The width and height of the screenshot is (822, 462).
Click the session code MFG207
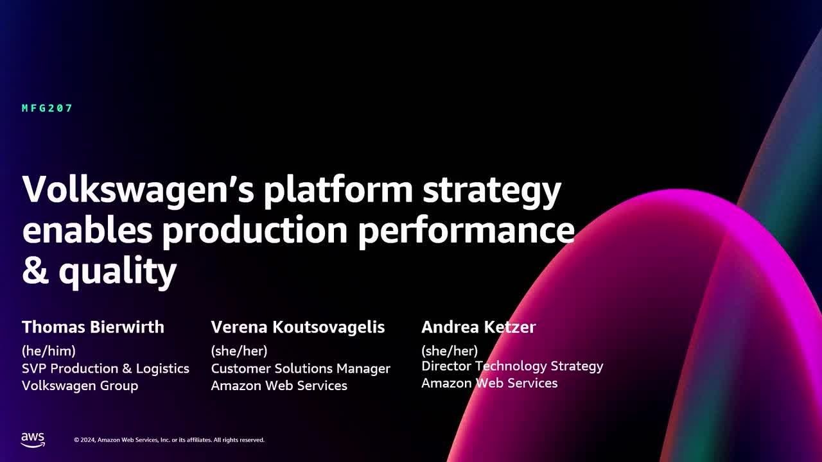pos(48,108)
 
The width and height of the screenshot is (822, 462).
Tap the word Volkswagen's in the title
pos(139,190)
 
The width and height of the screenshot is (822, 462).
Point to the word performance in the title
pos(466,231)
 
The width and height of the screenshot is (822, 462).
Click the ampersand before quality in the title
pos(35,271)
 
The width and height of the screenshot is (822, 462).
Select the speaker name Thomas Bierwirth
pos(93,327)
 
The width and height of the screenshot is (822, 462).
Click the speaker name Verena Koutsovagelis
pos(298,327)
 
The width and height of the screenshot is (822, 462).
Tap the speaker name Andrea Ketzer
pos(478,327)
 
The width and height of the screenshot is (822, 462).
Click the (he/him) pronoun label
pos(49,351)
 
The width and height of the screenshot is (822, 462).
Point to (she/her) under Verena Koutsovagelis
pos(239,351)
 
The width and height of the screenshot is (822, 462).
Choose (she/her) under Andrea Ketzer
pos(450,351)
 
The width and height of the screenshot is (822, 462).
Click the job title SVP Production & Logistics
pos(105,368)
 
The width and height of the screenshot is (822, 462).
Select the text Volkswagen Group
pos(80,386)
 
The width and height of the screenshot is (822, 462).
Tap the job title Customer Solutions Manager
pos(301,368)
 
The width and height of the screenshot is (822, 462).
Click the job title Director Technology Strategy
pos(512,366)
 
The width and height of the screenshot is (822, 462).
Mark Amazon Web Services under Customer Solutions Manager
pos(279,386)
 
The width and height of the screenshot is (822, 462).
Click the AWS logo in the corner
pos(33,440)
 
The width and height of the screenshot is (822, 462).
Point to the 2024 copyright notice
pos(169,440)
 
